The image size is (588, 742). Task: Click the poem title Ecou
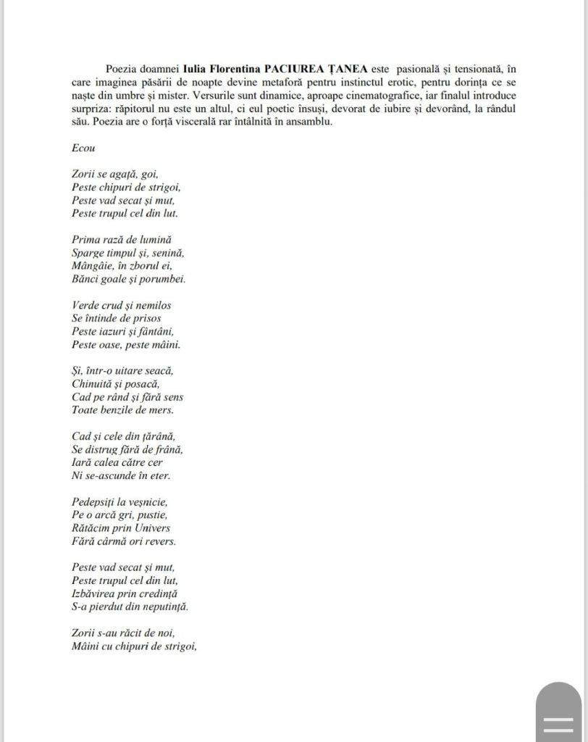click(x=83, y=147)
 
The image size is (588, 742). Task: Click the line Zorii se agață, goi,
click(x=115, y=174)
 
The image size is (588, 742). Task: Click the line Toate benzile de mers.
click(x=123, y=409)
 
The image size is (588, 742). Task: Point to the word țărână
click(x=156, y=436)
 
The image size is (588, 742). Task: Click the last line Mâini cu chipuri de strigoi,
click(x=135, y=646)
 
